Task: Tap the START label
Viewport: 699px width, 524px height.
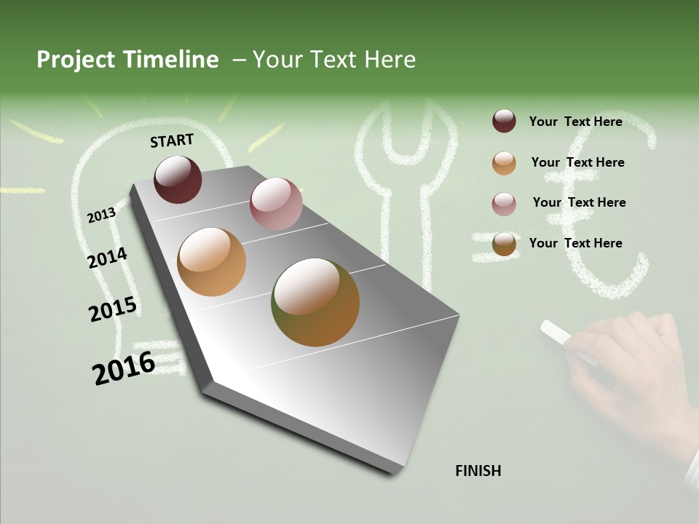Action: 172,140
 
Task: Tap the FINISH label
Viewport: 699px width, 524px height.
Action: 478,471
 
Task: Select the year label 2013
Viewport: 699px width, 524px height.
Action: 101,215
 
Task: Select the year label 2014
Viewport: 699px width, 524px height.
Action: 107,258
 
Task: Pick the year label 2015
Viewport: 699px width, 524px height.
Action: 113,309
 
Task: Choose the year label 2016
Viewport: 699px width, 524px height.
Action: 124,368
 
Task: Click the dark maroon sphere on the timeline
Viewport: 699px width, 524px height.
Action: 178,179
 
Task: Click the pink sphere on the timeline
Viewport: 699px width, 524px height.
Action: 276,204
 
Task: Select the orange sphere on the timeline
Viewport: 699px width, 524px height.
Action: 211,262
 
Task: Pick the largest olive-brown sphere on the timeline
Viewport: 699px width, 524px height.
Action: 315,302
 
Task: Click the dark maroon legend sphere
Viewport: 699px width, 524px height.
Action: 504,121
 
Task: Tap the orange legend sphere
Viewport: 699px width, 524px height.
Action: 504,163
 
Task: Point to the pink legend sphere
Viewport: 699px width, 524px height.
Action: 504,204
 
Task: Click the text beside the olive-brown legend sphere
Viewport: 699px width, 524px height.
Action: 575,243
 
